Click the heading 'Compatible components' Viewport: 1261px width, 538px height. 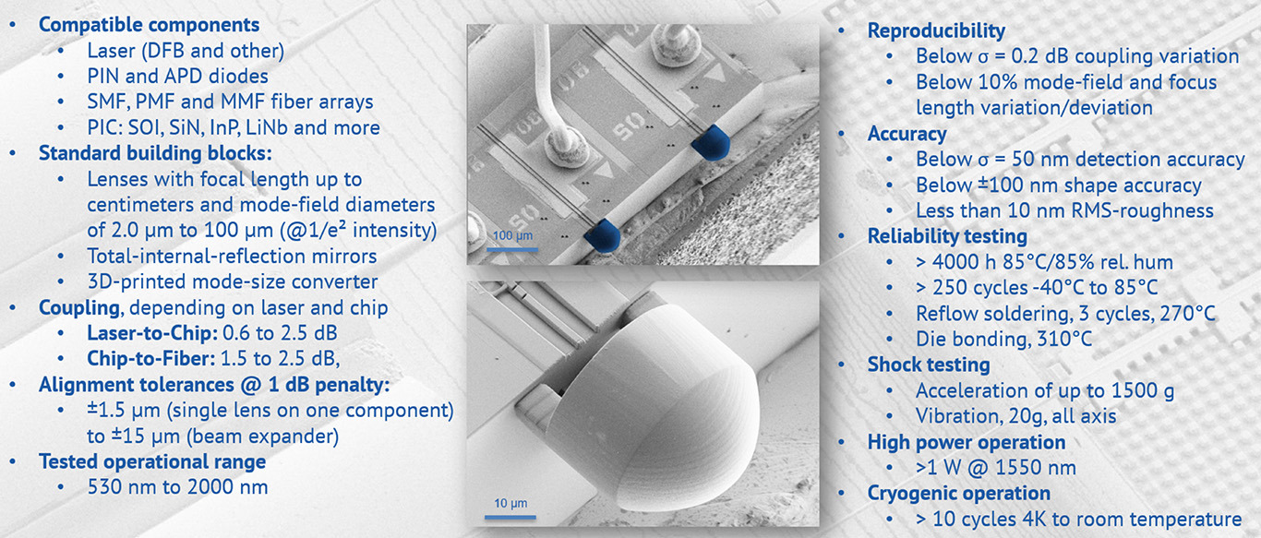[x=149, y=25]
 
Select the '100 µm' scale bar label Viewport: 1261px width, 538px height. [x=512, y=235]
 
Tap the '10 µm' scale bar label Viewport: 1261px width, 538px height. [x=510, y=503]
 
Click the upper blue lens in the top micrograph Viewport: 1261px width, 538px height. [x=711, y=143]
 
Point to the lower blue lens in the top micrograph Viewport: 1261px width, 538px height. [x=602, y=234]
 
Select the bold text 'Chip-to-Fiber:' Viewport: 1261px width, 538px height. [x=150, y=358]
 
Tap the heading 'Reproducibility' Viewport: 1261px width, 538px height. [x=936, y=30]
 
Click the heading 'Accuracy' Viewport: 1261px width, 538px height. [x=907, y=134]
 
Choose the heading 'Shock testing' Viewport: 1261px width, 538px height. [x=929, y=365]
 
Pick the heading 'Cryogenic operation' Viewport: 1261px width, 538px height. [x=958, y=493]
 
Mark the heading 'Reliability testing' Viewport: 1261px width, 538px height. [x=947, y=236]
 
